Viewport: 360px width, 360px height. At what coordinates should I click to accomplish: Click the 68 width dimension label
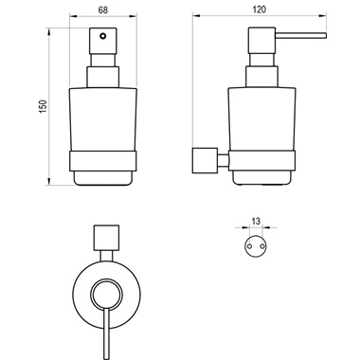click(x=103, y=10)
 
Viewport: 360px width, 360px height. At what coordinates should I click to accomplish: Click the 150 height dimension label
click(x=43, y=106)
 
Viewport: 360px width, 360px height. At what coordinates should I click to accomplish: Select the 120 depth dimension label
click(x=260, y=9)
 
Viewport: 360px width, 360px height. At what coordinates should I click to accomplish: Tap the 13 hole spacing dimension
click(x=256, y=221)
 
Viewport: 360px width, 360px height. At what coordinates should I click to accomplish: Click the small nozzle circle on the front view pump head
click(x=102, y=36)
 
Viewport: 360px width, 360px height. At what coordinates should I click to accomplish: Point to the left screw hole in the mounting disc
click(x=249, y=245)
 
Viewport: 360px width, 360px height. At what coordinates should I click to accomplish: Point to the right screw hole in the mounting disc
click(x=262, y=245)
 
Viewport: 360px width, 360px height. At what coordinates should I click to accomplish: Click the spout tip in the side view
click(x=325, y=35)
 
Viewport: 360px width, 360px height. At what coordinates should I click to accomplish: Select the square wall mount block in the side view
click(x=205, y=160)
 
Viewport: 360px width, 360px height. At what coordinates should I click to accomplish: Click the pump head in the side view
click(x=261, y=41)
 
